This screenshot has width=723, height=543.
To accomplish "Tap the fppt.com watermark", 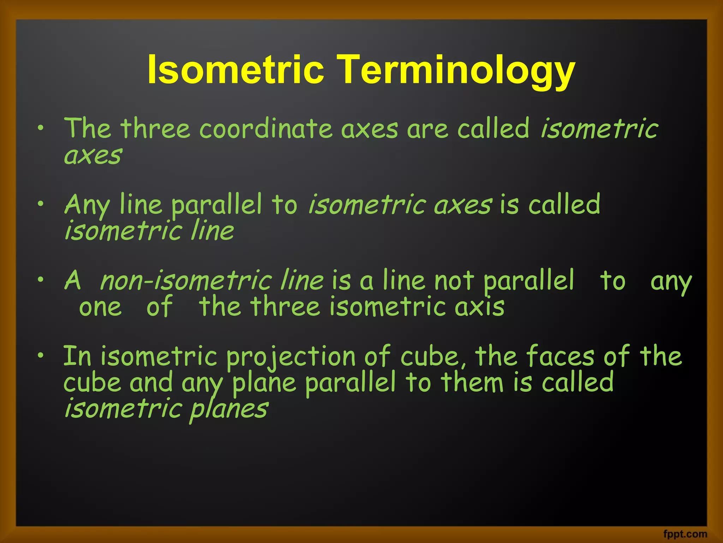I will click(685, 534).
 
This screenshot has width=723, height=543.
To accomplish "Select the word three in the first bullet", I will click(155, 129).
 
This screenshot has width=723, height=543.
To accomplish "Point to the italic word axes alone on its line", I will click(93, 156).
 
